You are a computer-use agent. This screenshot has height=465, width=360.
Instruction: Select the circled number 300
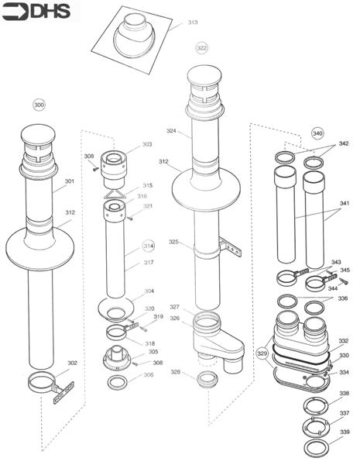point(39,103)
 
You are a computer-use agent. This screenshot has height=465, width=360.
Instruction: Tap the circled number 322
point(201,47)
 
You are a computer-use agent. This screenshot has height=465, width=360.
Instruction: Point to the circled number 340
point(317,133)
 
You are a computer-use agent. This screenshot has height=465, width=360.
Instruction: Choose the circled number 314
point(148,246)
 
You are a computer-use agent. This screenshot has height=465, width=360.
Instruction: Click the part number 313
point(192,22)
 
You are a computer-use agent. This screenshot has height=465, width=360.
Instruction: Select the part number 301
point(70,182)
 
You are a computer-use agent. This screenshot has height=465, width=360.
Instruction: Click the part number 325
point(174,243)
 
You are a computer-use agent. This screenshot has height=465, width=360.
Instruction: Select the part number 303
point(146,145)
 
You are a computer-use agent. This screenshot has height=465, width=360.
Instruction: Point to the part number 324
point(171,131)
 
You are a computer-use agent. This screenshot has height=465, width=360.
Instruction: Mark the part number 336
point(342,298)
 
